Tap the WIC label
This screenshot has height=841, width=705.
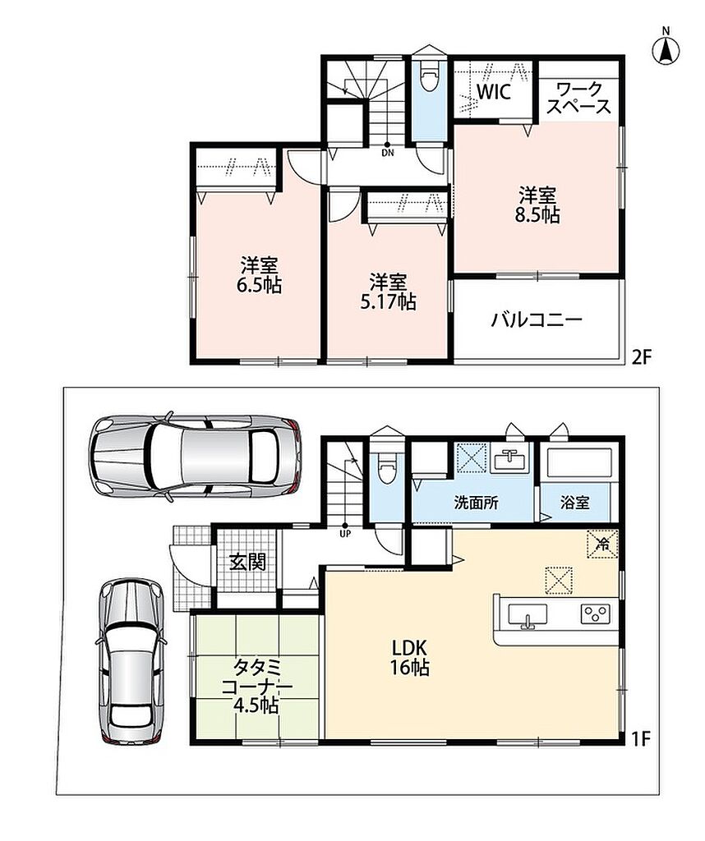pyautogui.click(x=494, y=92)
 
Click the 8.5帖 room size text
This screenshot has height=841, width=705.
pyautogui.click(x=537, y=214)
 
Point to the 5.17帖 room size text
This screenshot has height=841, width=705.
pyautogui.click(x=388, y=301)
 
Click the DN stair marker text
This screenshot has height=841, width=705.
pyautogui.click(x=387, y=153)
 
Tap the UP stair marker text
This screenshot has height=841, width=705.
pyautogui.click(x=344, y=534)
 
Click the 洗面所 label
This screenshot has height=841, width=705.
pyautogui.click(x=477, y=503)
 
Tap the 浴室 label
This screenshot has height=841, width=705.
pyautogui.click(x=575, y=503)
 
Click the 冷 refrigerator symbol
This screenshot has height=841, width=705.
pyautogui.click(x=602, y=544)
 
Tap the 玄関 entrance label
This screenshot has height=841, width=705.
pyautogui.click(x=248, y=562)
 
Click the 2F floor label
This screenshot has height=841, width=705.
pyautogui.click(x=641, y=357)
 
